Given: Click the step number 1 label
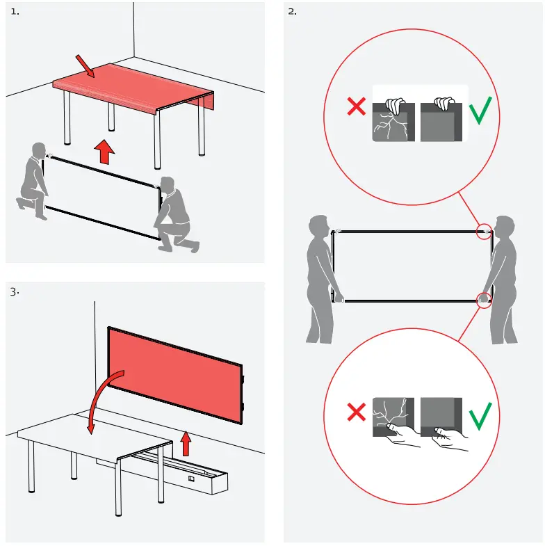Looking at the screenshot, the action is coord(15,12).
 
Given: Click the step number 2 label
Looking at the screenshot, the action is coord(293,12).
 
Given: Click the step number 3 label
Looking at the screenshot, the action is coord(15,292).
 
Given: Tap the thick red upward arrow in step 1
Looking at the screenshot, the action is coord(104,152).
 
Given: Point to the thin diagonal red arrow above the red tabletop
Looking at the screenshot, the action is coord(85,66).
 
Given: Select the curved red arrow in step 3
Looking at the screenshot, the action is coord(104,401).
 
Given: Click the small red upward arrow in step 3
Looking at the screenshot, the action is coord(186,443).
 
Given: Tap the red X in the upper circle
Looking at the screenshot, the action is coord(357,106).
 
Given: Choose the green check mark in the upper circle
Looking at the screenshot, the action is coord(480,111).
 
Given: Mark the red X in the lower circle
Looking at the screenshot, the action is coord(357,412).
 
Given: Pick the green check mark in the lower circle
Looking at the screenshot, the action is coord(480,417).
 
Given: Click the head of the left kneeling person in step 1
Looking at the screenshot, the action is coord(39,150).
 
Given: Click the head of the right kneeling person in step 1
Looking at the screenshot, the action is coord(168,185).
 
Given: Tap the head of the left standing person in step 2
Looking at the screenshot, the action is coord(319,227).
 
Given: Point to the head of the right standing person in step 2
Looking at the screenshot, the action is coord(504,227).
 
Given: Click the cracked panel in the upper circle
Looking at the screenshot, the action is coord(393,122).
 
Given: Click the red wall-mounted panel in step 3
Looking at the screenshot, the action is coord(175,376).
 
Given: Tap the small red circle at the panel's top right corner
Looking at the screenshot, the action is coord(484,231).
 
